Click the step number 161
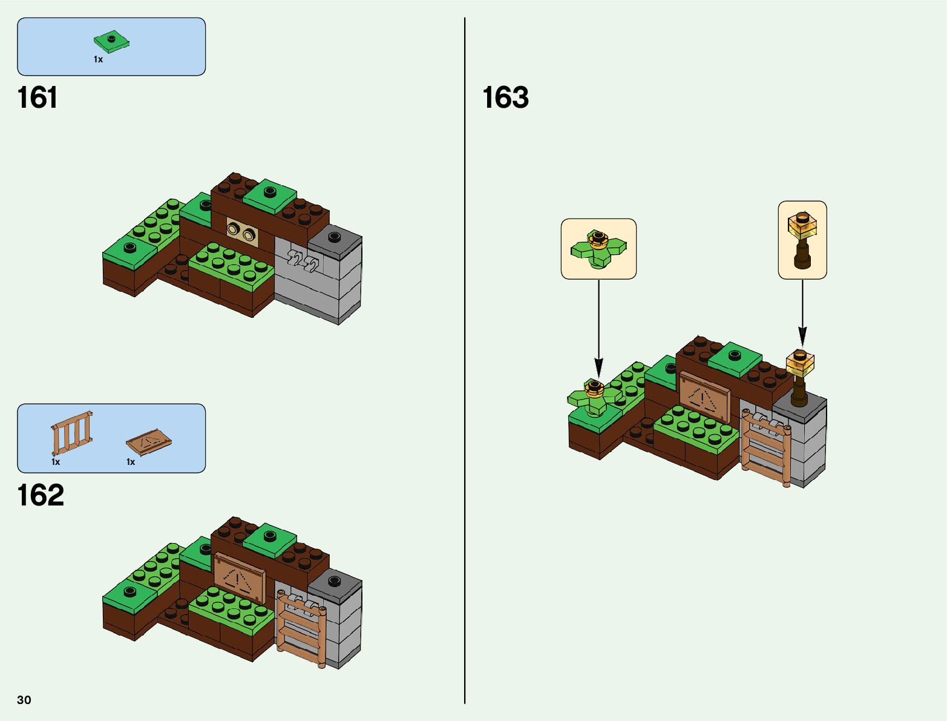pos(38,97)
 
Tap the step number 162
pos(41,495)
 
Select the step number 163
pos(505,97)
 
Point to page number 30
pos(24,700)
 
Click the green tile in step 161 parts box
pos(112,42)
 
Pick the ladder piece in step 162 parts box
pos(72,433)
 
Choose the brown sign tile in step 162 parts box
pos(148,443)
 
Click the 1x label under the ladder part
pos(56,462)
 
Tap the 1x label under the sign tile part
pos(131,462)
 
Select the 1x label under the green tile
pos(98,59)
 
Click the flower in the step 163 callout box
pos(598,247)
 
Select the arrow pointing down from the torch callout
pos(802,315)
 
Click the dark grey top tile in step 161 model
pos(334,238)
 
